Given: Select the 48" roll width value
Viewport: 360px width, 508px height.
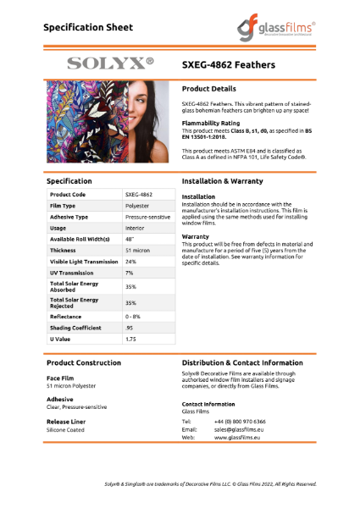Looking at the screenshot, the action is pos(130,239).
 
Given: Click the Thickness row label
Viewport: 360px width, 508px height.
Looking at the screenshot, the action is pos(64,251).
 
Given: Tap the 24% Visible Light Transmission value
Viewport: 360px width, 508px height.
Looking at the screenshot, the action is pos(130,262).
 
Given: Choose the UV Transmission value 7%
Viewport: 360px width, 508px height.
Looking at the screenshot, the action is pos(130,273).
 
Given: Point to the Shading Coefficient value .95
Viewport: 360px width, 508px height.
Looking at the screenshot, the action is pos(130,327).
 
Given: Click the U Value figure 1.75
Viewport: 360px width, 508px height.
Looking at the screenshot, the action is pos(131,339).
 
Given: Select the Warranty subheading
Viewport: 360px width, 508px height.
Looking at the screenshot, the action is pos(196,236).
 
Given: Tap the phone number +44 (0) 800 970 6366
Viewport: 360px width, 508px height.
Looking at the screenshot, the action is pos(240,421).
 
